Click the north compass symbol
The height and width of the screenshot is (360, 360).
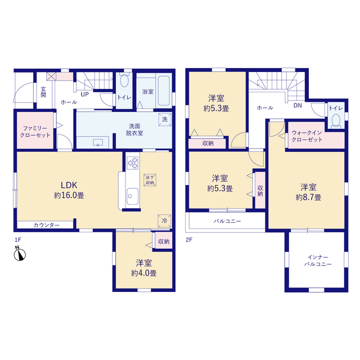tap(20, 254)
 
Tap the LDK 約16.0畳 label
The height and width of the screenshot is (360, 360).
tap(69, 190)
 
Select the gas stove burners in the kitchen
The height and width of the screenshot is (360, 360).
tap(133, 163)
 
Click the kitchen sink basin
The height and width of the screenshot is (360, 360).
tap(133, 196)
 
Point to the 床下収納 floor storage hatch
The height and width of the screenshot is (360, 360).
tap(150, 180)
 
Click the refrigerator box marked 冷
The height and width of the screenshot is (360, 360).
tap(164, 220)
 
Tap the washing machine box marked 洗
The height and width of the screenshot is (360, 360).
tap(165, 119)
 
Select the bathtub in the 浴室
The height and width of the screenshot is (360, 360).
tap(164, 91)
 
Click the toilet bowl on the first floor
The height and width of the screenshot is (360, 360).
tap(124, 80)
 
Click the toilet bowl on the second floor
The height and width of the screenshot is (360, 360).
tap(336, 120)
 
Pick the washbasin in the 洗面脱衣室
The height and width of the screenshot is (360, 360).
tap(98, 142)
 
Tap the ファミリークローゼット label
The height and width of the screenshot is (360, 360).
tap(35, 132)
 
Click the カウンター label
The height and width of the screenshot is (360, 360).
tap(47, 225)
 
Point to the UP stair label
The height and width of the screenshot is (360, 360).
tap(84, 94)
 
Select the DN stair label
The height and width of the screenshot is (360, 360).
tap(298, 106)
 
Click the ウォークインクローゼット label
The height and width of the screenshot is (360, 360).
tap(307, 136)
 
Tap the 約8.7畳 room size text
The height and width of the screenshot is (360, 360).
tap(308, 197)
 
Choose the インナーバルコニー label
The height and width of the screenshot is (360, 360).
tap(318, 261)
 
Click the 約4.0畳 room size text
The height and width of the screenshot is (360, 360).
tap(144, 273)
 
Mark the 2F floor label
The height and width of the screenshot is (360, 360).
tap(189, 240)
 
